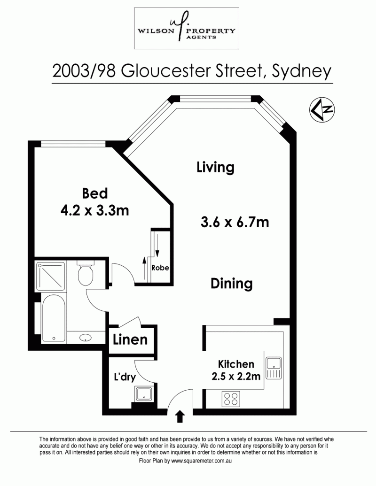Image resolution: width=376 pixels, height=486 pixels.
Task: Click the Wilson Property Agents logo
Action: (187, 28)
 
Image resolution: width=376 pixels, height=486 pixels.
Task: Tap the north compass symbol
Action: (322, 109)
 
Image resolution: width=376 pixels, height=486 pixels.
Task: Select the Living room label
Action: (215, 167)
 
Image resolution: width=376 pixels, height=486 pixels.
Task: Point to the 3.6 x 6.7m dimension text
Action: (235, 222)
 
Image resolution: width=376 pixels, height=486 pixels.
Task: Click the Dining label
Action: (231, 284)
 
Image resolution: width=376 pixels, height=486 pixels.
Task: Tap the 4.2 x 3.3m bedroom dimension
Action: (94, 211)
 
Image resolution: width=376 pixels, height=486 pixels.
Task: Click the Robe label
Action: (160, 268)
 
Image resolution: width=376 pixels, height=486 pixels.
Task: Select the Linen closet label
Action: (130, 339)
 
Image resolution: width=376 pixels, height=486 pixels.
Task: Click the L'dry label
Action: (125, 377)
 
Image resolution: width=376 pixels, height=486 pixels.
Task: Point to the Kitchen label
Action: (236, 364)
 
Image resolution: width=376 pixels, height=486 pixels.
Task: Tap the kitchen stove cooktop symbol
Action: (231, 399)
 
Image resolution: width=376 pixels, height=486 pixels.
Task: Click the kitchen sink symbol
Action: (274, 368)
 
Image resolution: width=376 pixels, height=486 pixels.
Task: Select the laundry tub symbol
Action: (144, 393)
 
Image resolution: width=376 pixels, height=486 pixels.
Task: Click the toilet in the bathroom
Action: (86, 273)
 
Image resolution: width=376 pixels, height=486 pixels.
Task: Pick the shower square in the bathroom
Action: (51, 277)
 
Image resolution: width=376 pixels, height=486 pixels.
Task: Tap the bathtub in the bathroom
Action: (54, 318)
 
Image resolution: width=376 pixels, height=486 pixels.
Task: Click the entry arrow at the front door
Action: (180, 417)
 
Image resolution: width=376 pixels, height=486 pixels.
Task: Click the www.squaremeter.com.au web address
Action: (202, 461)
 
